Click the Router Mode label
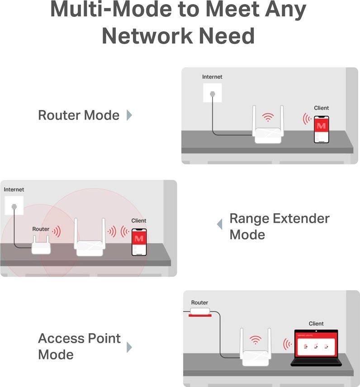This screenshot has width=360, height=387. (79, 115)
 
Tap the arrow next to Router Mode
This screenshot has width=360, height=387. (129, 115)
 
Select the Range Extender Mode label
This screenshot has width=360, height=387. (279, 226)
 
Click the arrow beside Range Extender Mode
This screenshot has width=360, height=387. (219, 225)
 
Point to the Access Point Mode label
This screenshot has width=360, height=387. (80, 346)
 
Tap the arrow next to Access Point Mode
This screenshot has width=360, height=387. (129, 347)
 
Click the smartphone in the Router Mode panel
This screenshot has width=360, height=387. (321, 129)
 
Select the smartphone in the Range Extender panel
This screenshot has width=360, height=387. (139, 242)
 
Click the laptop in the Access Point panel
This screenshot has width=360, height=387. (316, 348)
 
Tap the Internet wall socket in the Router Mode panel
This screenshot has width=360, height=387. (212, 93)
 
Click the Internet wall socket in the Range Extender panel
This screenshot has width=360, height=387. (14, 205)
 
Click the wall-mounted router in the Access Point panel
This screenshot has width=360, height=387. (200, 312)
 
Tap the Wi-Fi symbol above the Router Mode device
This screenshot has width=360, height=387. (268, 117)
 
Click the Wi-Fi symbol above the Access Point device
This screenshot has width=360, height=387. (256, 340)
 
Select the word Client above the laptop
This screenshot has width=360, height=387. (316, 324)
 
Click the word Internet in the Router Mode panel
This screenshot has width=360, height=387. (212, 77)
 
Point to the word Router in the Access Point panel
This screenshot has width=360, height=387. (199, 303)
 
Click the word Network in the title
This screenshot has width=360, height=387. (147, 36)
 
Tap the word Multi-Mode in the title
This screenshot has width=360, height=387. (111, 9)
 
